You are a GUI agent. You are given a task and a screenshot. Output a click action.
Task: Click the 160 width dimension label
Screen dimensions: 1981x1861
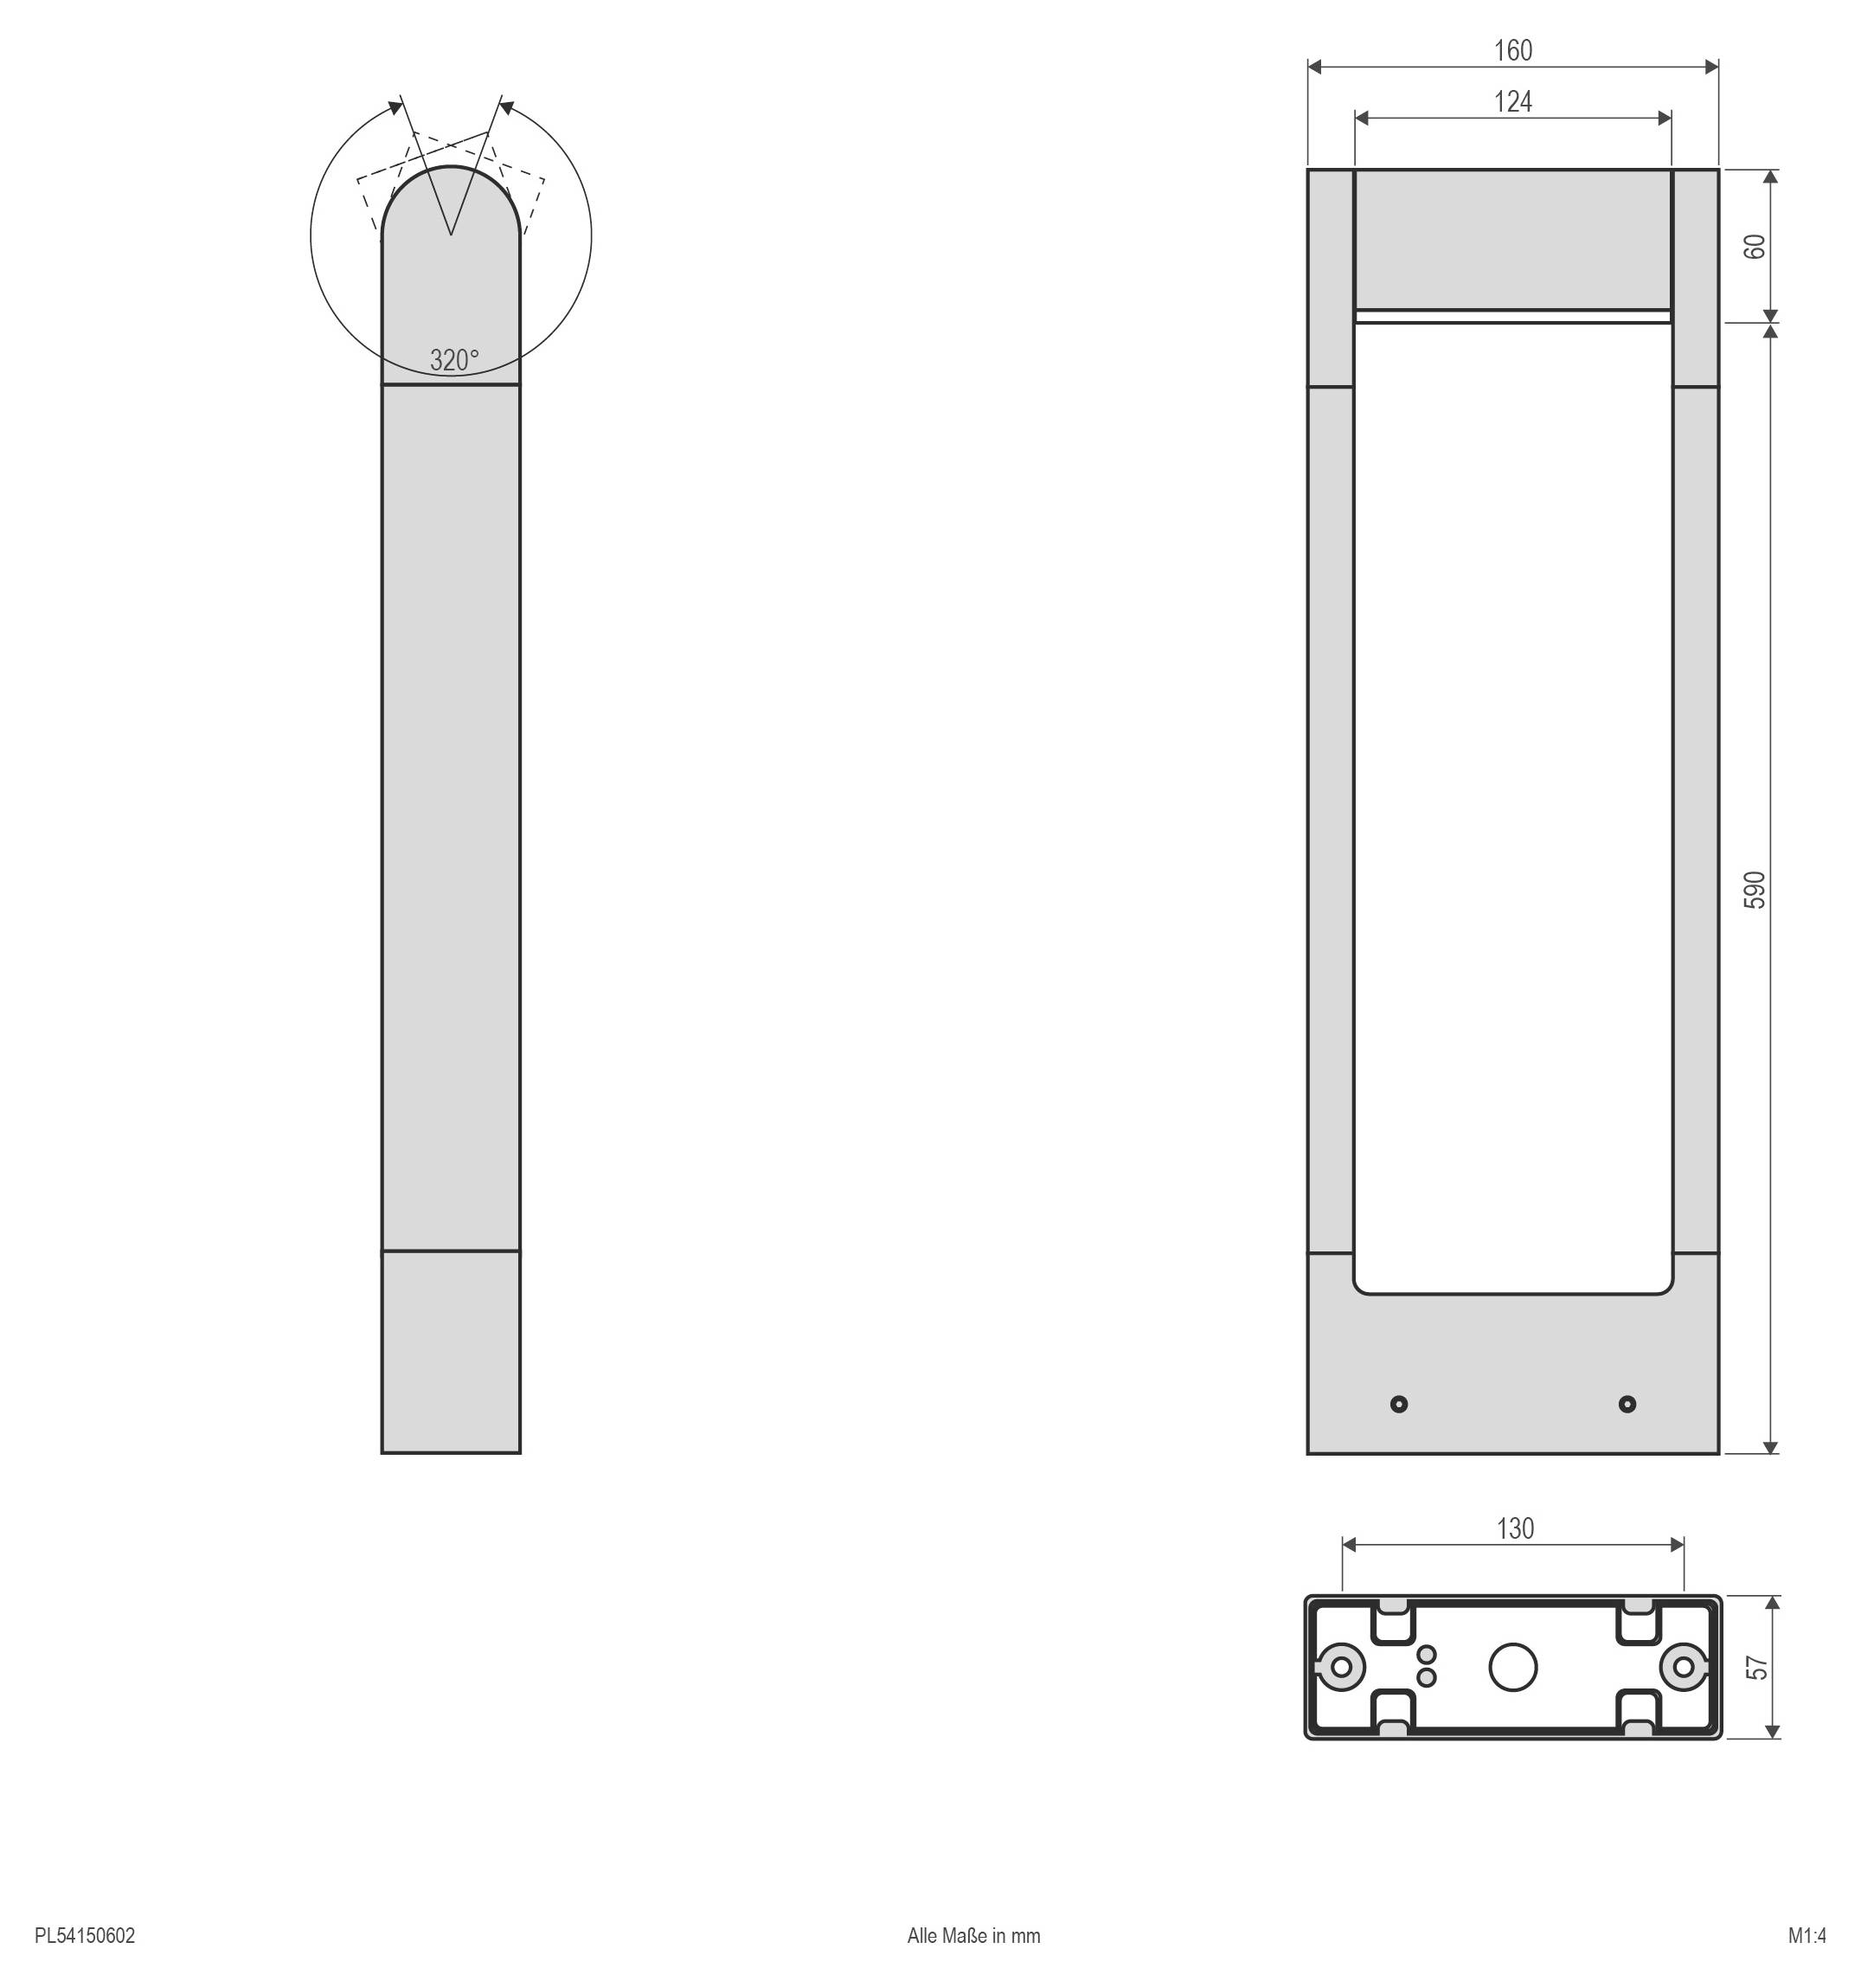[1512, 51]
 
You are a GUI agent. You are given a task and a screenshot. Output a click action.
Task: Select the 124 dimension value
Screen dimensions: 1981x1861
[1512, 101]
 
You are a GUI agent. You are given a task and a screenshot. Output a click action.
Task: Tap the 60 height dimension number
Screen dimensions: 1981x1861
[1755, 246]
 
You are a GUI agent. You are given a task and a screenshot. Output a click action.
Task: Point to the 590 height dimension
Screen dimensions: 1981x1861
[1755, 889]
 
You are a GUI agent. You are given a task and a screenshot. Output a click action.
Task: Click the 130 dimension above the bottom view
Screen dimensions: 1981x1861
[1514, 1528]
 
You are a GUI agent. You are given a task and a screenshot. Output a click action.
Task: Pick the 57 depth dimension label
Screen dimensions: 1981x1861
[1758, 1667]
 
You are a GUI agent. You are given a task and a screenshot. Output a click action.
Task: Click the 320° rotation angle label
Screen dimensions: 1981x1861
[454, 360]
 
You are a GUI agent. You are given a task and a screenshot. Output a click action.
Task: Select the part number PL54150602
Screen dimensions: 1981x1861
[85, 1936]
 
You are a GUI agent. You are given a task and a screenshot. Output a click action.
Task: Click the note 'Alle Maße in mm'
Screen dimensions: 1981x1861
[973, 1936]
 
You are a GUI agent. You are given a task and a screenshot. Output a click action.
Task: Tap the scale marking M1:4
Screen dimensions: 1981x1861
[1806, 1936]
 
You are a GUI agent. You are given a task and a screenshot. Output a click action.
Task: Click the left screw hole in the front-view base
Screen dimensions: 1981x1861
[1399, 1404]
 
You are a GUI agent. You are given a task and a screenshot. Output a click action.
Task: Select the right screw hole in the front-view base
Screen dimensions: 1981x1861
[1627, 1404]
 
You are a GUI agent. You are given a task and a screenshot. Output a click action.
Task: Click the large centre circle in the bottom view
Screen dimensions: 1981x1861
[1512, 1666]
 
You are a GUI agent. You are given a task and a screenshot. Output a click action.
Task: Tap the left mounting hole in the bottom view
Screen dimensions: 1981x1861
[1341, 1666]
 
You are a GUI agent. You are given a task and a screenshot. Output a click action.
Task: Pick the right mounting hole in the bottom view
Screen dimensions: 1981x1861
[1684, 1666]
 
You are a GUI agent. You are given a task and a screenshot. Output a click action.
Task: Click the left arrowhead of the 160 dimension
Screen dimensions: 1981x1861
[1314, 67]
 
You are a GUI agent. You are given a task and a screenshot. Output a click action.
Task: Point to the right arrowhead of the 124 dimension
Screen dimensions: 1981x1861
[1665, 119]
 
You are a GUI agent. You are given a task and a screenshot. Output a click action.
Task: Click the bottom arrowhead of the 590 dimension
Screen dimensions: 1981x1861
[1770, 1447]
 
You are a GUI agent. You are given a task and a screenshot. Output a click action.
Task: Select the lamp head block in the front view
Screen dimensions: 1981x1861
[1512, 239]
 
